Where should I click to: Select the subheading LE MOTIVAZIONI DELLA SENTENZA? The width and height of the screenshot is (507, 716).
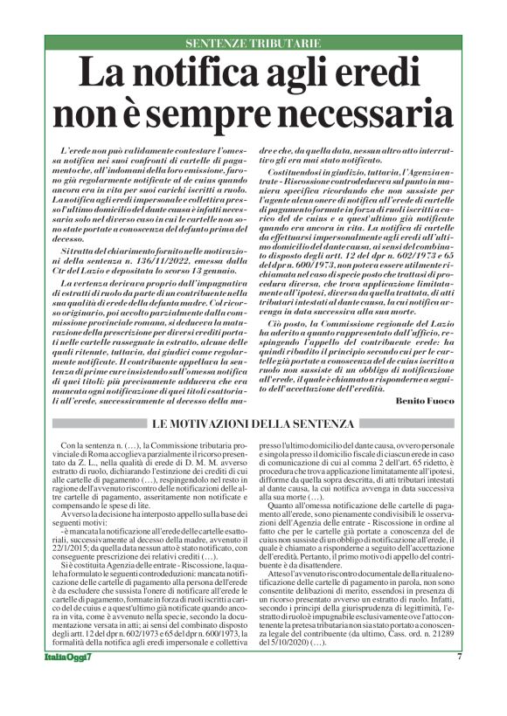253,423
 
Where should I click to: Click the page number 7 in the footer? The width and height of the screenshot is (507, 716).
459,682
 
